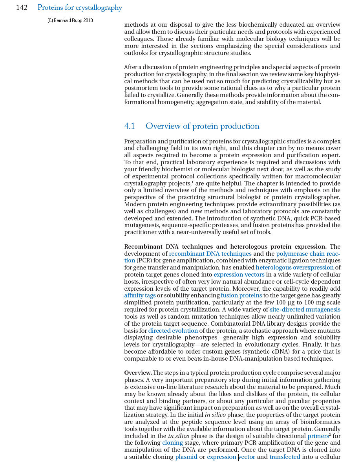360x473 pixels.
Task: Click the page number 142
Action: coord(22,8)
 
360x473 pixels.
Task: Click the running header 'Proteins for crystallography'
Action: coord(80,8)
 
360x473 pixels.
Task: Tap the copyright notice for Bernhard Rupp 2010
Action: coord(70,20)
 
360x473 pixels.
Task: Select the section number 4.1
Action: coord(130,126)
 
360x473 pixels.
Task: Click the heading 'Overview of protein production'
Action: coord(202,126)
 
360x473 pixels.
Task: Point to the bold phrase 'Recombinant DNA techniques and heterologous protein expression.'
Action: coord(225,247)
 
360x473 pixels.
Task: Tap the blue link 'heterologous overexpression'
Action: coord(294,268)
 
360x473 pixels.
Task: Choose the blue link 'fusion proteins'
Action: coord(241,295)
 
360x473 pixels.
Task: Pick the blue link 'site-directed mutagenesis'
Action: coord(305,310)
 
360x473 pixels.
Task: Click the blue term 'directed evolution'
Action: coord(173,331)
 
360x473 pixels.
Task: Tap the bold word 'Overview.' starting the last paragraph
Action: coord(138,373)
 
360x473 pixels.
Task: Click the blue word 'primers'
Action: coord(318,436)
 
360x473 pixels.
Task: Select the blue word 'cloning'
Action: coord(172,443)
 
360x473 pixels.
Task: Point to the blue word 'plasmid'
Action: coord(186,457)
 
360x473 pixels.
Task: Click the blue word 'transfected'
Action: coord(285,457)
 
